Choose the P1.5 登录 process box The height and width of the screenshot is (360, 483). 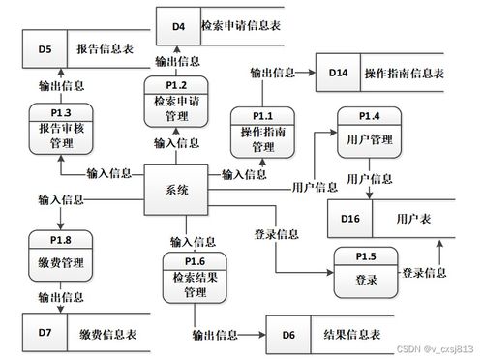point(365,274)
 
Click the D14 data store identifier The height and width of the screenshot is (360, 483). point(338,74)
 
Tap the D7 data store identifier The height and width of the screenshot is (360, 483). point(45,333)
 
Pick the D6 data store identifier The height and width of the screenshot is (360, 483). point(287,335)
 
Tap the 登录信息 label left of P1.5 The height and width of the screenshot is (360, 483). point(276,234)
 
